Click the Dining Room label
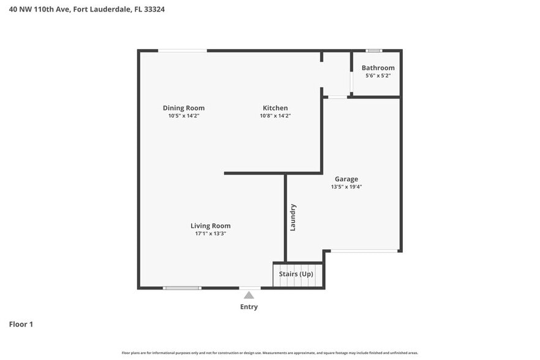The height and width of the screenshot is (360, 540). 184,108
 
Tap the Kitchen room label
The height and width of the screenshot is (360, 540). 275,108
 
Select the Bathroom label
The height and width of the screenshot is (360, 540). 378,68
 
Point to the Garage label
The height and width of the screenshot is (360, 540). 346,179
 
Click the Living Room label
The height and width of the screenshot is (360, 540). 210,226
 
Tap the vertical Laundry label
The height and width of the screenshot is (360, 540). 293,217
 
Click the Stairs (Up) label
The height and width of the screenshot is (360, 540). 296,274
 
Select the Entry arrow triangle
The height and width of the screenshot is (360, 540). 249,295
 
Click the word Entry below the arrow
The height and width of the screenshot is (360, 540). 249,307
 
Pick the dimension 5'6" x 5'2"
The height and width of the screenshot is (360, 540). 378,76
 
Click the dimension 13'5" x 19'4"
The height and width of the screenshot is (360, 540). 346,187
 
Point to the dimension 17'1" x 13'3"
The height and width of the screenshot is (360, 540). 210,233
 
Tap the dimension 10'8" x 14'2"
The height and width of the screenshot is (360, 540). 275,116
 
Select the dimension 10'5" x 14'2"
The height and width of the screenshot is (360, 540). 184,116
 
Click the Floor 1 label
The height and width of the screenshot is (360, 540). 21,324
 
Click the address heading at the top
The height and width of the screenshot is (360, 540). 86,9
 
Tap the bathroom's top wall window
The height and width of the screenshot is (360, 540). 373,50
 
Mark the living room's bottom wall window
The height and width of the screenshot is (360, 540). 182,288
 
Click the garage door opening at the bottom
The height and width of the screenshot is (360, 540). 364,251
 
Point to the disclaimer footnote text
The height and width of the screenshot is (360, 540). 269,353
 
